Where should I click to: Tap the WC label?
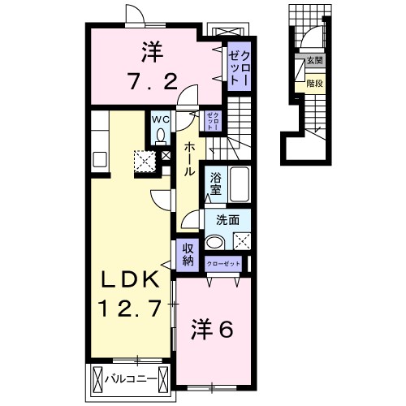tap(161, 119)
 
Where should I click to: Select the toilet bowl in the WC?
tap(161, 136)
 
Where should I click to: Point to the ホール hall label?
tap(189, 159)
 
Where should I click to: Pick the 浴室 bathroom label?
tap(216, 184)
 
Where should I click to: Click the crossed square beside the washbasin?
tap(242, 240)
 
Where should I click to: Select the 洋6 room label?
tap(213, 329)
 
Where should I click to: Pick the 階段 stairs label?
tap(313, 82)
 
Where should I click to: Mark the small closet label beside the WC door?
tap(211, 123)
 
